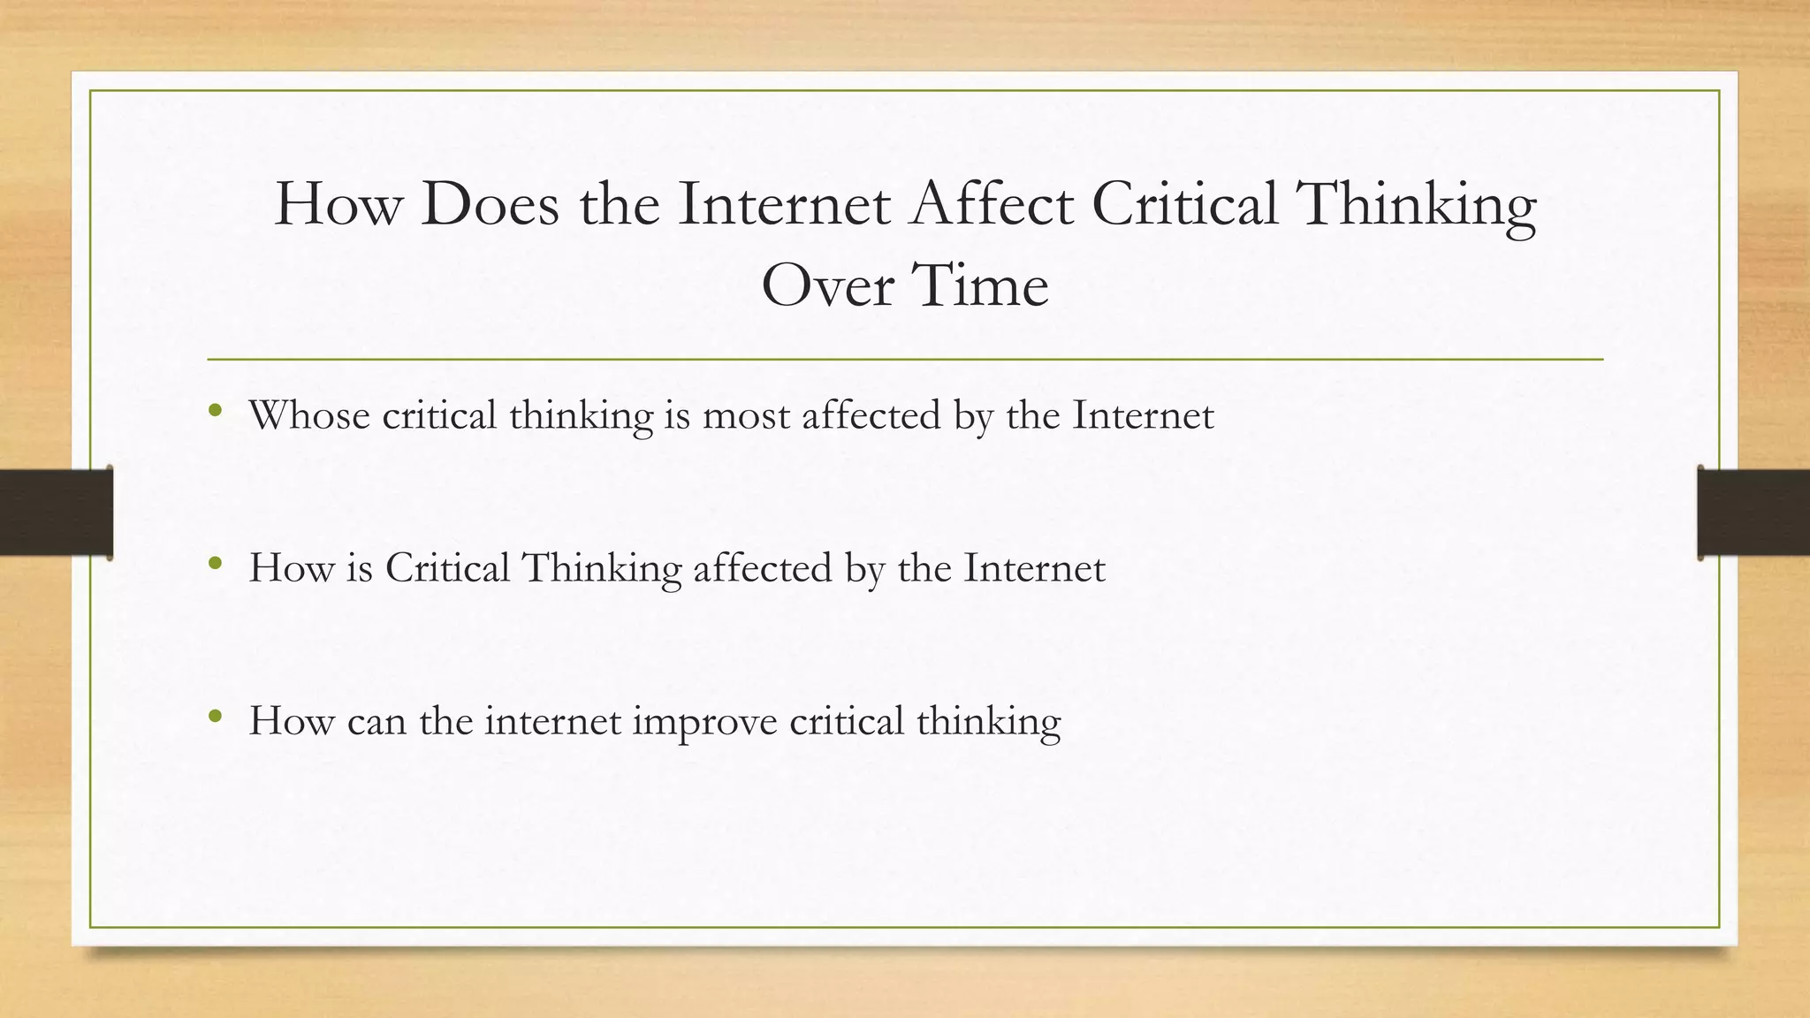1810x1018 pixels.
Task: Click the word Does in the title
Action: pyautogui.click(x=490, y=204)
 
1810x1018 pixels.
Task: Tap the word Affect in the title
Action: pyautogui.click(x=992, y=204)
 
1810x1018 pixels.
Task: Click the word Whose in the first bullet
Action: pyautogui.click(x=309, y=415)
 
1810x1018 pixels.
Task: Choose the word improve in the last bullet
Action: pyautogui.click(x=704, y=721)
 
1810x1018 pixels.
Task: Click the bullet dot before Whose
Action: pyautogui.click(x=215, y=410)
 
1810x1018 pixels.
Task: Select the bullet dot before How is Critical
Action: pyautogui.click(x=215, y=563)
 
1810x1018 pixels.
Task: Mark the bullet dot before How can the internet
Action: pyautogui.click(x=215, y=716)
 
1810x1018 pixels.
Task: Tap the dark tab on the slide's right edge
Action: pyautogui.click(x=1753, y=513)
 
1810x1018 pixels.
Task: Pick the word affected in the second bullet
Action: pyautogui.click(x=763, y=568)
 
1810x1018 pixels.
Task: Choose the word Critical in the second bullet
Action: pyautogui.click(x=447, y=568)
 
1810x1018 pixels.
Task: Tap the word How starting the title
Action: pyautogui.click(x=337, y=204)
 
